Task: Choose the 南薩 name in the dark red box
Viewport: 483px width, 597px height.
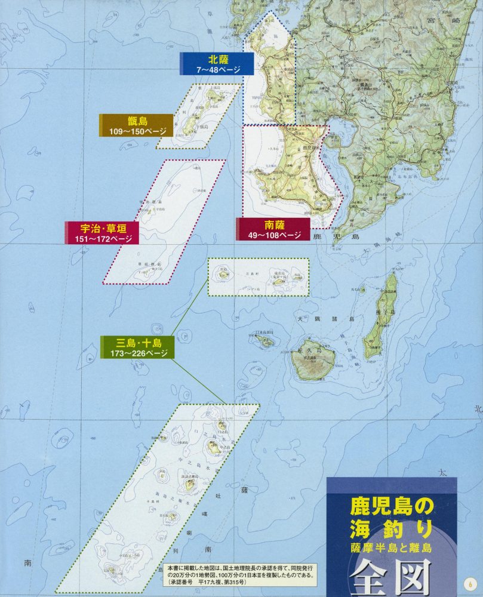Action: (274, 225)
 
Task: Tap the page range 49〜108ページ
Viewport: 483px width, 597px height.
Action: (274, 235)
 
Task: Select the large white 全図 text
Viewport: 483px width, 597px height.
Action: (390, 576)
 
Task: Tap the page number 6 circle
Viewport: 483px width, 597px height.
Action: (470, 582)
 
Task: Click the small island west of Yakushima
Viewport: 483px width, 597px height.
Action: (262, 341)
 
